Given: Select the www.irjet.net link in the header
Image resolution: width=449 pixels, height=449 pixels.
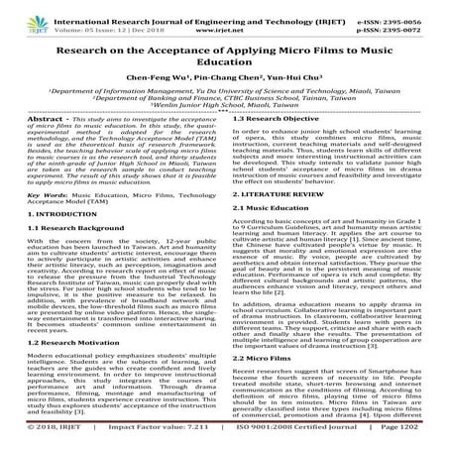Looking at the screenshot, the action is click(x=223, y=18).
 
